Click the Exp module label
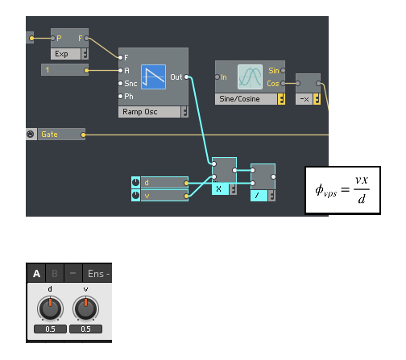click(x=61, y=54)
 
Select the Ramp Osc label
click(x=140, y=112)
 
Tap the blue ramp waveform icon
click(x=153, y=77)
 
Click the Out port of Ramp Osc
click(x=186, y=77)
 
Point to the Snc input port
click(x=121, y=84)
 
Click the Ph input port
click(x=121, y=97)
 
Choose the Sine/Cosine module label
click(x=239, y=99)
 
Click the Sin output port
click(x=283, y=71)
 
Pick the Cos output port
click(x=283, y=84)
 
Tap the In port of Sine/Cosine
click(x=217, y=77)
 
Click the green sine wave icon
click(x=250, y=77)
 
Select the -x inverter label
click(x=304, y=99)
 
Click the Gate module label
click(x=49, y=134)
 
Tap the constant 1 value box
click(x=64, y=70)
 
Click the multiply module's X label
click(x=218, y=189)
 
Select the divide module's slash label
click(x=257, y=196)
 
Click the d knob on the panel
click(x=50, y=308)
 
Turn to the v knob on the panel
click(x=85, y=308)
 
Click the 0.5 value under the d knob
click(x=50, y=329)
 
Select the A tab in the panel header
click(x=36, y=274)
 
